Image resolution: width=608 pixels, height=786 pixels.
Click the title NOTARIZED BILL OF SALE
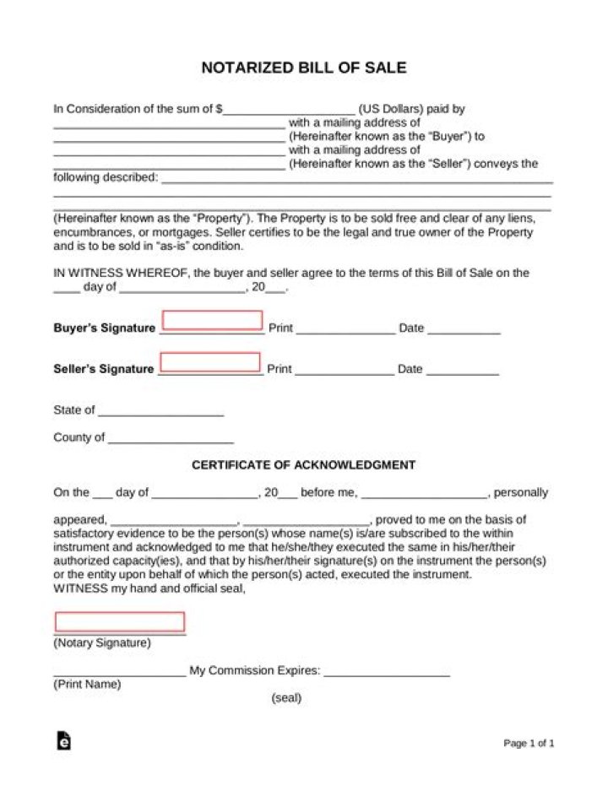point(304,68)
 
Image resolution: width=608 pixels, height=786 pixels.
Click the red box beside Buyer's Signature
point(212,320)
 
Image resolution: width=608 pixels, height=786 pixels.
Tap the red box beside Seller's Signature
point(210,362)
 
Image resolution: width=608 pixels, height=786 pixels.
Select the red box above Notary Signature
point(120,622)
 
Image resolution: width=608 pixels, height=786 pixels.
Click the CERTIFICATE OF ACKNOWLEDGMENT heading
point(304,465)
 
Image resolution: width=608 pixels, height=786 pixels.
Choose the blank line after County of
point(171,441)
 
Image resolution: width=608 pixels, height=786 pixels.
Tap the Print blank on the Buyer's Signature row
point(345,331)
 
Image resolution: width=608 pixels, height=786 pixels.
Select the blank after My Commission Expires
point(387,674)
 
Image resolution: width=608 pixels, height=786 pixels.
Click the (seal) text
point(286,699)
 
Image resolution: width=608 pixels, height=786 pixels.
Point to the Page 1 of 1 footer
point(529,744)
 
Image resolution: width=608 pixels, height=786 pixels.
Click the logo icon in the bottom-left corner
point(63,740)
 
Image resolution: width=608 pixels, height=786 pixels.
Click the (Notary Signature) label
point(102,643)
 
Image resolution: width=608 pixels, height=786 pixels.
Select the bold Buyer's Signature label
point(104,328)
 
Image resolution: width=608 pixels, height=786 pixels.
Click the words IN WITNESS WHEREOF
point(122,273)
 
